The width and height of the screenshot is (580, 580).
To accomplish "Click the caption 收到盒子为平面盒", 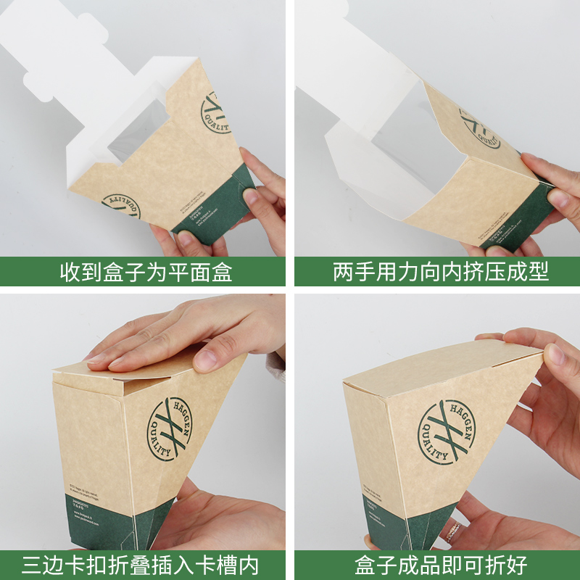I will pyautogui.click(x=146, y=272).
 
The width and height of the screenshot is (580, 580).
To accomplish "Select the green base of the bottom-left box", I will pyautogui.click(x=116, y=526).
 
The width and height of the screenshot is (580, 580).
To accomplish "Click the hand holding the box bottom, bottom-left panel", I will pyautogui.click(x=217, y=522).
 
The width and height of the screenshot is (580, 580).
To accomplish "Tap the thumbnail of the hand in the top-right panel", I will pyautogui.click(x=559, y=197).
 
